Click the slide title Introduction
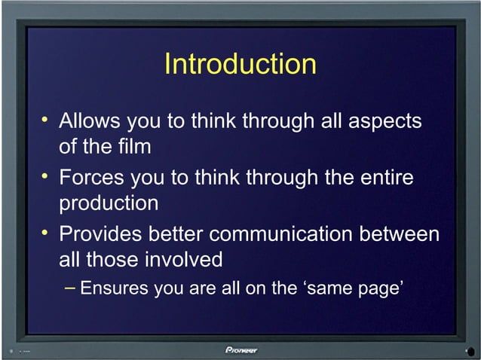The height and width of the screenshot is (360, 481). click(240, 64)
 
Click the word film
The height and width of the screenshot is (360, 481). click(134, 146)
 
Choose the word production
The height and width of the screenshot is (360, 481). click(109, 204)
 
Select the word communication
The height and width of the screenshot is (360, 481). click(284, 234)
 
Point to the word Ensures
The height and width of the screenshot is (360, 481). click(114, 288)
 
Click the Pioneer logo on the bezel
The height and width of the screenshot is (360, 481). click(240, 349)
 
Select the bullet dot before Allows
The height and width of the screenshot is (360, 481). click(46, 119)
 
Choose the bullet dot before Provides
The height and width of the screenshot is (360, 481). click(46, 232)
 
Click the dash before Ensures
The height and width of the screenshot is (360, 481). click(69, 287)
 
